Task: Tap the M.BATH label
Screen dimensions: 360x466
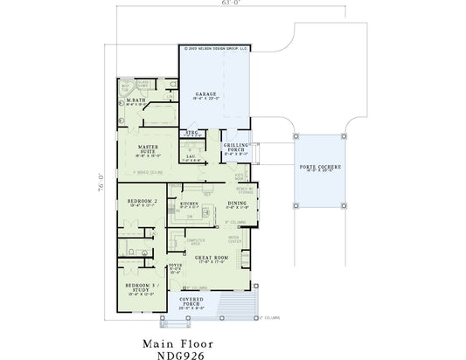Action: tap(136, 100)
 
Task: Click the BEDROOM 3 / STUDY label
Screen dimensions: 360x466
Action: tap(140, 287)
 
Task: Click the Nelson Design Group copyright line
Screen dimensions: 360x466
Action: tap(214, 51)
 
